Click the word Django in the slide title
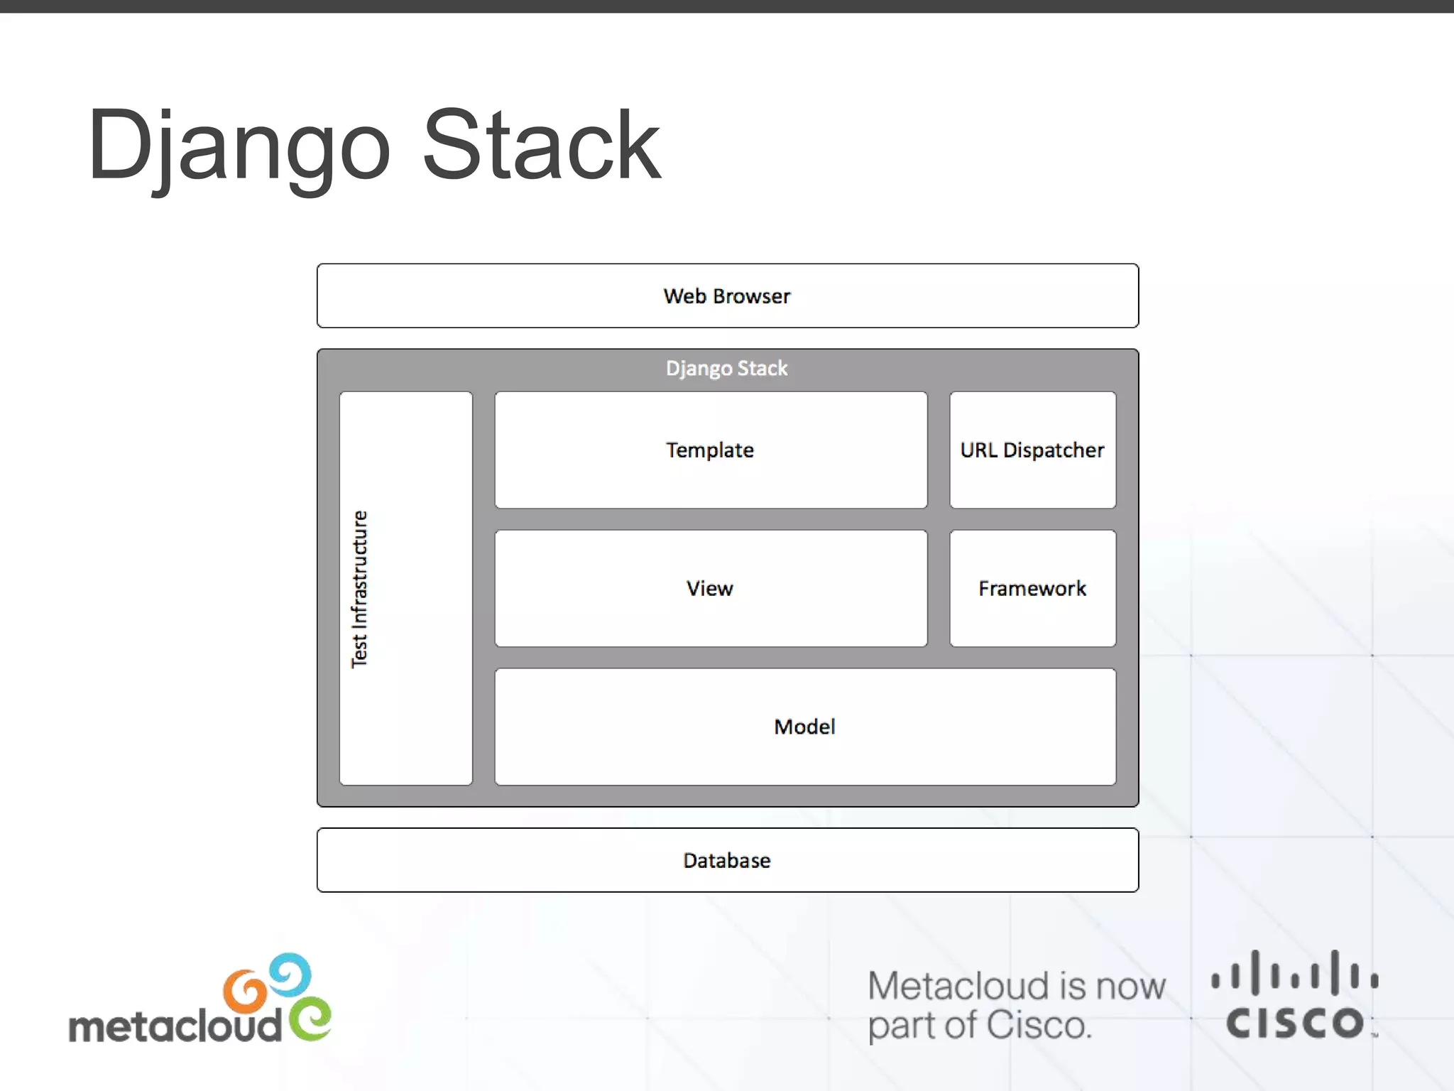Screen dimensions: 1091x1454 pos(239,146)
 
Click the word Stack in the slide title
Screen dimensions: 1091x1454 pos(541,146)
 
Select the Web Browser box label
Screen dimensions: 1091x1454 pos(727,296)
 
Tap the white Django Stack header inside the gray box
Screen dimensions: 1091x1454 pos(727,369)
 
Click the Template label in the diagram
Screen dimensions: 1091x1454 pos(710,450)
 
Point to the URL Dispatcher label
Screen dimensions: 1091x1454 pos(1032,450)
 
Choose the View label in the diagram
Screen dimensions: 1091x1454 pos(710,589)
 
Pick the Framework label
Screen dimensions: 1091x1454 pos(1032,589)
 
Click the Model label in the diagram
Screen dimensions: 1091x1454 pos(804,727)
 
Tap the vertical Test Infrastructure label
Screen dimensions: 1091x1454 pos(360,589)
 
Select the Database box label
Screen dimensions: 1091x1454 pos(727,861)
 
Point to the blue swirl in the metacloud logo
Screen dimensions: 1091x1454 pos(290,974)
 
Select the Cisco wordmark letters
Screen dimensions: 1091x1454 pos(1295,1023)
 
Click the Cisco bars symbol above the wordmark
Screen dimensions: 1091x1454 pos(1295,973)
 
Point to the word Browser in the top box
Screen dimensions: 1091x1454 pos(752,296)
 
